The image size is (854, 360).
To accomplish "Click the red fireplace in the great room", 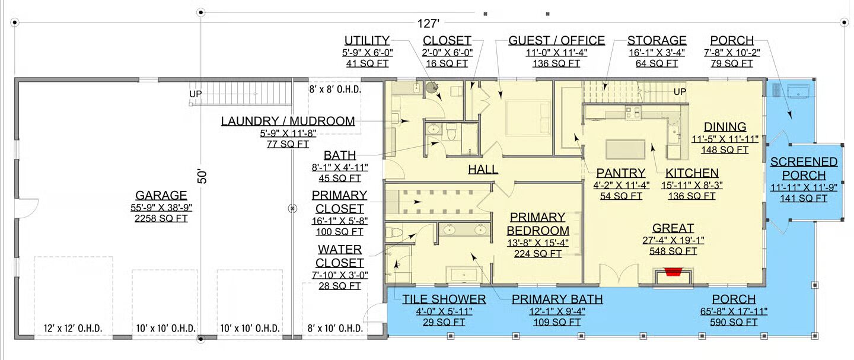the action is [673, 272].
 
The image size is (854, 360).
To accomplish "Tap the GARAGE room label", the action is [161, 195].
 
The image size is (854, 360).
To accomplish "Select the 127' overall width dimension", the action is [428, 24].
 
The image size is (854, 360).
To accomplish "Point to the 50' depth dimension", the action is [202, 176].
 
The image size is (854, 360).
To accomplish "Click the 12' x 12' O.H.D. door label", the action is [73, 329].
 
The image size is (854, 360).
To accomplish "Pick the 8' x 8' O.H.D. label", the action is [334, 90].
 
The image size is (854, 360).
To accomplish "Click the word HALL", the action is [483, 169].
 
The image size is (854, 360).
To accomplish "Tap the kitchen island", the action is [625, 149].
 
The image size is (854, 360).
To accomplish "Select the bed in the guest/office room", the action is [528, 117].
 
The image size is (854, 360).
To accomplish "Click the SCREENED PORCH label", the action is [804, 168].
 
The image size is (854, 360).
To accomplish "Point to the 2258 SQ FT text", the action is [161, 218].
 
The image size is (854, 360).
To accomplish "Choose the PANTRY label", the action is [621, 173].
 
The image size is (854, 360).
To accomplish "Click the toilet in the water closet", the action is [394, 231].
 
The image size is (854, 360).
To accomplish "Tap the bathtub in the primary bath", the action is [464, 275].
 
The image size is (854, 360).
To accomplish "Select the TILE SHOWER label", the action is [444, 300].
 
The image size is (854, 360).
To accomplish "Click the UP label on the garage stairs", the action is [196, 94].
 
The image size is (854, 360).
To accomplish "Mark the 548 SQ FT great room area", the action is [673, 251].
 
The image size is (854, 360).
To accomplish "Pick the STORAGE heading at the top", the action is [657, 40].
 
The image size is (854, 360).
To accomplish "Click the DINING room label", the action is [725, 127].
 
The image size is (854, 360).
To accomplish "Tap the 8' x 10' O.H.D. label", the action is [335, 329].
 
